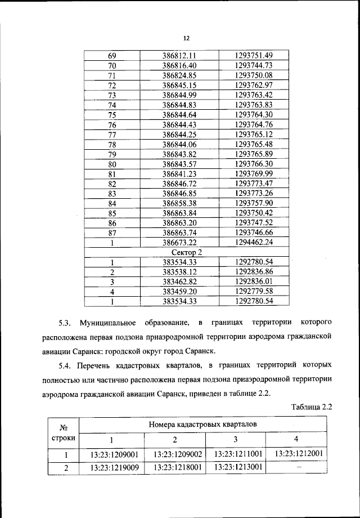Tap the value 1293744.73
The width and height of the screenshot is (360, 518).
[253, 65]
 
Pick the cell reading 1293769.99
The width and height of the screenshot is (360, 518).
[253, 174]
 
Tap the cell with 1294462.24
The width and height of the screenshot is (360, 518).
[253, 243]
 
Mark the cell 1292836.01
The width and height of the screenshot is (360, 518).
[253, 282]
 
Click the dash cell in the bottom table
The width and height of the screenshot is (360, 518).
[298, 467]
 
